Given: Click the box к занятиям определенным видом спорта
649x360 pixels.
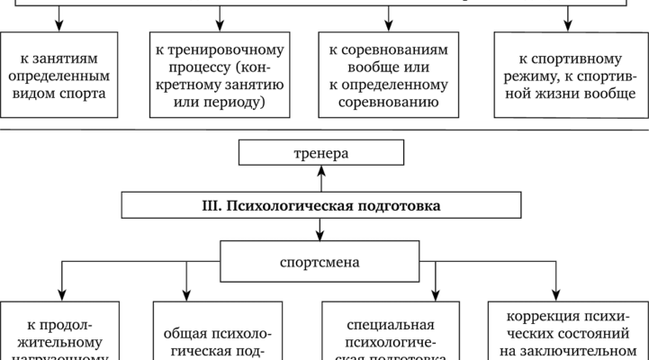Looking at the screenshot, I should click(59, 74).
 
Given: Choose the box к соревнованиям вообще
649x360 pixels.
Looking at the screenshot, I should click(389, 74).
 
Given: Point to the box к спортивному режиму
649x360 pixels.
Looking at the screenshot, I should click(567, 74).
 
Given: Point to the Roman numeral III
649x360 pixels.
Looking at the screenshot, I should click(213, 205).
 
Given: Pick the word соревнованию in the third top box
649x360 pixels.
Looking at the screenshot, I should click(389, 102).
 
